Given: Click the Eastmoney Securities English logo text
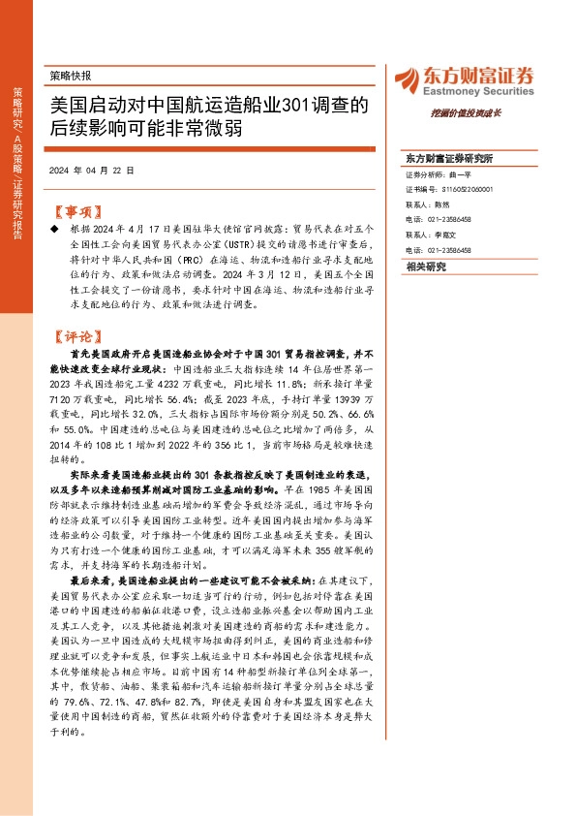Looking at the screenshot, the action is tap(479, 86).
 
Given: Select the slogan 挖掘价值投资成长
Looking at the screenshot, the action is tap(500, 112).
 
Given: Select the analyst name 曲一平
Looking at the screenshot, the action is tap(461, 176).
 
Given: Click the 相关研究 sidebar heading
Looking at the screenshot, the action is tap(427, 267).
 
